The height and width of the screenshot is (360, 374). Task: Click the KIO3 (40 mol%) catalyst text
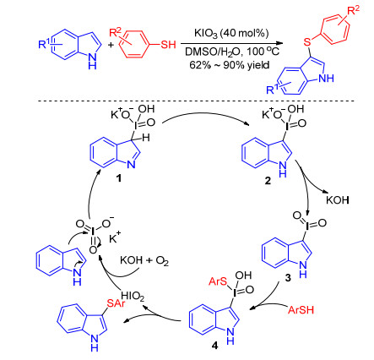(231, 33)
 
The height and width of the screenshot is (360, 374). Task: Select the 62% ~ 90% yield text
(230, 65)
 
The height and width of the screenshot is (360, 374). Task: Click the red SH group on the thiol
(168, 44)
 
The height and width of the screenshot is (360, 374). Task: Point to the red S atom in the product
(307, 42)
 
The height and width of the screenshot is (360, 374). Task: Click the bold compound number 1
(119, 178)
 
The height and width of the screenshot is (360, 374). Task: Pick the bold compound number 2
(268, 181)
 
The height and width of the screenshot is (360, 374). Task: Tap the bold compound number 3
(288, 278)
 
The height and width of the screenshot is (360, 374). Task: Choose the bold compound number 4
(215, 346)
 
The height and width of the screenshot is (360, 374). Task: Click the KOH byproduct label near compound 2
(338, 200)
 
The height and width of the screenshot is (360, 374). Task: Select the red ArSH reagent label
(301, 310)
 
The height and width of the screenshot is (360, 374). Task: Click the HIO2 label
(133, 296)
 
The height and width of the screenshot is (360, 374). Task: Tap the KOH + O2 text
(144, 260)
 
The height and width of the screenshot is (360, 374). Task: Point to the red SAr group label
(117, 303)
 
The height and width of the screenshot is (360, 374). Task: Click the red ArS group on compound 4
(218, 281)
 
